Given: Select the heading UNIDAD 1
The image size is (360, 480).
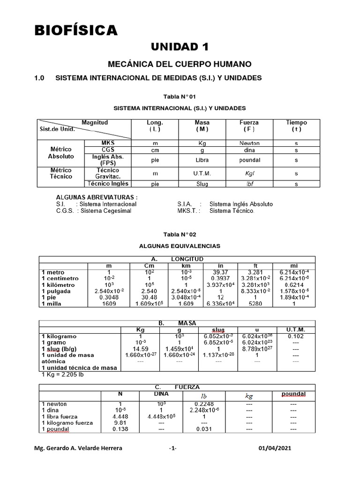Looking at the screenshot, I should point(180,46).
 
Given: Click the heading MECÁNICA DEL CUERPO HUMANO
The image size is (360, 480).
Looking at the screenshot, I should point(180,64).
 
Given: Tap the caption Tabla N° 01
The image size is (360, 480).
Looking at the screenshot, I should point(180,97).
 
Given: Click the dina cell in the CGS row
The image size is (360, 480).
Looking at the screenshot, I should point(249,150).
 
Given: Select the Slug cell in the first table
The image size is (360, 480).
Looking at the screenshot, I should point(202,184).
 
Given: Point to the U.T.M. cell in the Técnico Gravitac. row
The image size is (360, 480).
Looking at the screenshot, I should point(202,173).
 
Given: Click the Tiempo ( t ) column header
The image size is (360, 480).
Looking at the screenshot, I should point(296,126).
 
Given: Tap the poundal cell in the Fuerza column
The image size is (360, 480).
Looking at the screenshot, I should point(249,159).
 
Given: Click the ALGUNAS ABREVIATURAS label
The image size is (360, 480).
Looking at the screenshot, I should point(97,198).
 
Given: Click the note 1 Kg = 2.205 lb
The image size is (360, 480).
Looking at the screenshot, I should point(66,375).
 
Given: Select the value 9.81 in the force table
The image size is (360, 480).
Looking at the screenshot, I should point(120,422).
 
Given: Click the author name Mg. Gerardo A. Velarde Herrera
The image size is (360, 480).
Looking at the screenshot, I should point(79,448).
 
